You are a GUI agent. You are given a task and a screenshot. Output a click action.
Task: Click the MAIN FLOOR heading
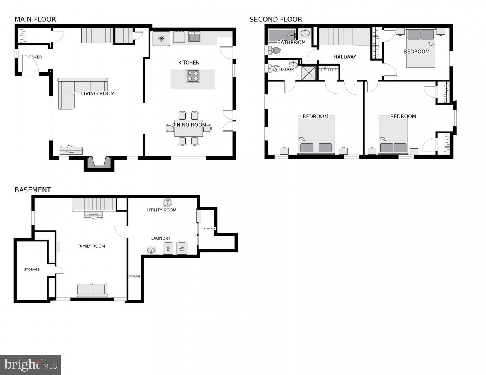(35, 19)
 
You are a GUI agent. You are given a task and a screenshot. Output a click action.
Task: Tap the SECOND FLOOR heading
(275, 19)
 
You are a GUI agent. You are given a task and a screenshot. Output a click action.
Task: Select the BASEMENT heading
(33, 190)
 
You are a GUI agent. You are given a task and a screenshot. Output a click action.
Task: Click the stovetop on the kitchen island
(193, 76)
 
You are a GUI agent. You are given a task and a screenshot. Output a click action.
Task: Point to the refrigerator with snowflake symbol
(161, 39)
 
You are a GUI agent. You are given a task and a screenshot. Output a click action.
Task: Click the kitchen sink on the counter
(194, 37)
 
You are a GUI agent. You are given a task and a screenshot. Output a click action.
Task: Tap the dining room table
(188, 128)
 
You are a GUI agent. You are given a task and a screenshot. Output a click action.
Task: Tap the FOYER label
(36, 57)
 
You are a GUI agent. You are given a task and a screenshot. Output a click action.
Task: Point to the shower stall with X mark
(309, 73)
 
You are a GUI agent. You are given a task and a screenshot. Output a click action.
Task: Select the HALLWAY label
(345, 57)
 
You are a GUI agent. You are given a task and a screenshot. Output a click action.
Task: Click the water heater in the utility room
(167, 202)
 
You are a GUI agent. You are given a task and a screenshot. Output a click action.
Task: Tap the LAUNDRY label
(161, 238)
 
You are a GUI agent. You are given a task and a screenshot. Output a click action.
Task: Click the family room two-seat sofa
(92, 289)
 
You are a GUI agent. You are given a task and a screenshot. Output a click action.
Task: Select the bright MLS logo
(30, 364)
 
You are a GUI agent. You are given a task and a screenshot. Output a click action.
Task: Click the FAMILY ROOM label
(91, 246)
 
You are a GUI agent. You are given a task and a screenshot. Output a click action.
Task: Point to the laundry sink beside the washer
(152, 250)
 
